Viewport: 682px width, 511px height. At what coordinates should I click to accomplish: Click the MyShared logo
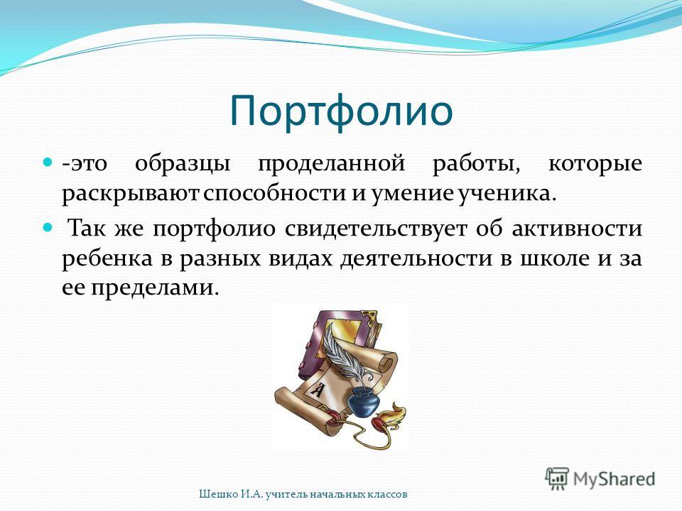click(600, 479)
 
